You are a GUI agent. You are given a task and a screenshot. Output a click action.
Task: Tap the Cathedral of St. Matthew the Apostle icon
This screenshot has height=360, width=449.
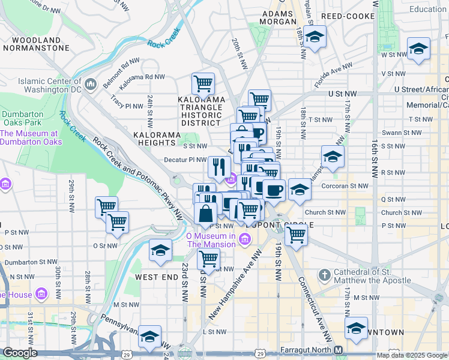click(x=324, y=275)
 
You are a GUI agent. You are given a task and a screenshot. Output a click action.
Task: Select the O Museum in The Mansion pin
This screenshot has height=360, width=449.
click(x=244, y=240)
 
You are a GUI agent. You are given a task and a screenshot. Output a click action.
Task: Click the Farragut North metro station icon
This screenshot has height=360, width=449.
click(x=339, y=350)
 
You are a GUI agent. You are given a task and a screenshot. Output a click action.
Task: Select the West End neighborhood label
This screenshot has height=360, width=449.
click(x=157, y=277)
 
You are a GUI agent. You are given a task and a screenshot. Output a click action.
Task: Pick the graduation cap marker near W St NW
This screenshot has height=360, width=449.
click(x=418, y=49)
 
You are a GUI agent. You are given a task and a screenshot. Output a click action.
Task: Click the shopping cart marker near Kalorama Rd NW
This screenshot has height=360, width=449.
click(x=203, y=84)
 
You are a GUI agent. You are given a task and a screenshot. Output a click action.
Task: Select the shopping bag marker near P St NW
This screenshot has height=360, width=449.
click(x=205, y=214)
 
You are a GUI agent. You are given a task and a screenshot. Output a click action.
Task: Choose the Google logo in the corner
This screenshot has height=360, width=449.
click(x=20, y=353)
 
